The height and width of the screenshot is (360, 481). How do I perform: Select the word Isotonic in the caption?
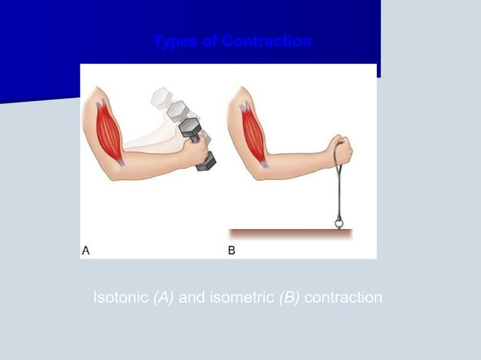pyautogui.click(x=121, y=297)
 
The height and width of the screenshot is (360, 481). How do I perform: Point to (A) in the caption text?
pyautogui.click(x=164, y=297)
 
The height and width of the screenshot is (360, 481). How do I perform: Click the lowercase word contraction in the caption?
pyautogui.click(x=344, y=297)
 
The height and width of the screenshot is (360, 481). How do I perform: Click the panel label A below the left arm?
pyautogui.click(x=87, y=252)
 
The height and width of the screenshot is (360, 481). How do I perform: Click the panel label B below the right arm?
pyautogui.click(x=232, y=252)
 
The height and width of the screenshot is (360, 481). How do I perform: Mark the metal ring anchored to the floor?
pyautogui.click(x=338, y=224)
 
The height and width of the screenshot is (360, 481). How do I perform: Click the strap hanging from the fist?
pyautogui.click(x=333, y=188)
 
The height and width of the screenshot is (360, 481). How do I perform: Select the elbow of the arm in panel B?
pyautogui.click(x=257, y=172)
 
